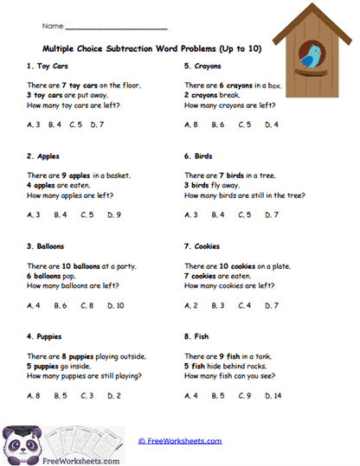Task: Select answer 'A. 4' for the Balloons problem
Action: point(34,305)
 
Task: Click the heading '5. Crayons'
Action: point(203,66)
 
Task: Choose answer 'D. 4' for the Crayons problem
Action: point(272,124)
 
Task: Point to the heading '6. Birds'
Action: point(199,156)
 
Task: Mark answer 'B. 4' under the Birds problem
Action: point(219,214)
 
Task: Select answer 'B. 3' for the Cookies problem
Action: point(219,305)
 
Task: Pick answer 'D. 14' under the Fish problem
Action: point(273,396)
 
